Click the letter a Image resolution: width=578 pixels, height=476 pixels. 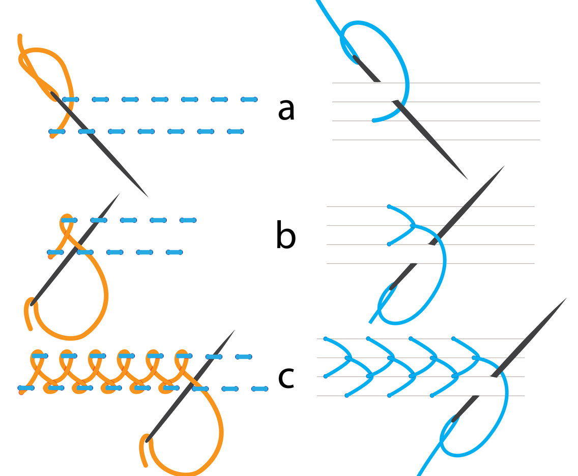[x=286, y=110]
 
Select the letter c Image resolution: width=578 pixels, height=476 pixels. [x=286, y=376]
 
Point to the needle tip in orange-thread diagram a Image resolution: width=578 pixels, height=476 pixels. [x=148, y=197]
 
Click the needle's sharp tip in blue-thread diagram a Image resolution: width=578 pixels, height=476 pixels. [x=467, y=179]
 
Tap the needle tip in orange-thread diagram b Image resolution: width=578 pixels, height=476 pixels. [x=119, y=193]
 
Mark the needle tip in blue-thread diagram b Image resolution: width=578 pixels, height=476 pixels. [x=504, y=166]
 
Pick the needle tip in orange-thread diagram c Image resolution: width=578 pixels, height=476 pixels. [x=235, y=330]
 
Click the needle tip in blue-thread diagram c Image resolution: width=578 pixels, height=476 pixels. [x=566, y=299]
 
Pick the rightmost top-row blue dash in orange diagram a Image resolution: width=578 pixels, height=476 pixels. [x=249, y=99]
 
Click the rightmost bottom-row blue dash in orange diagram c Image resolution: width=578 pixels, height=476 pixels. [x=260, y=389]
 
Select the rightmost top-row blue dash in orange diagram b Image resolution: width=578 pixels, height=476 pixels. [x=188, y=220]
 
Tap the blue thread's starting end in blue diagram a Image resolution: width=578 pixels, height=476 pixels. [x=374, y=121]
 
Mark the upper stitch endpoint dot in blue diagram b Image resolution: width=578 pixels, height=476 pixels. [x=389, y=206]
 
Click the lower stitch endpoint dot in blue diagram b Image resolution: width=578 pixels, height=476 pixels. [x=389, y=245]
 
